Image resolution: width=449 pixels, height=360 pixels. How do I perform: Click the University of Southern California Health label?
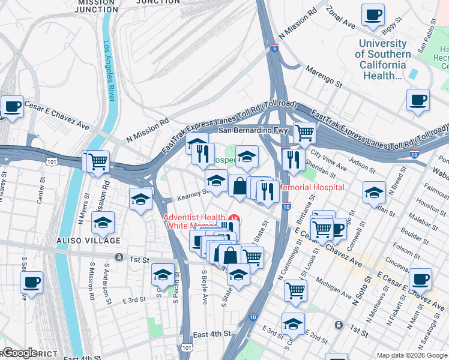382,59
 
